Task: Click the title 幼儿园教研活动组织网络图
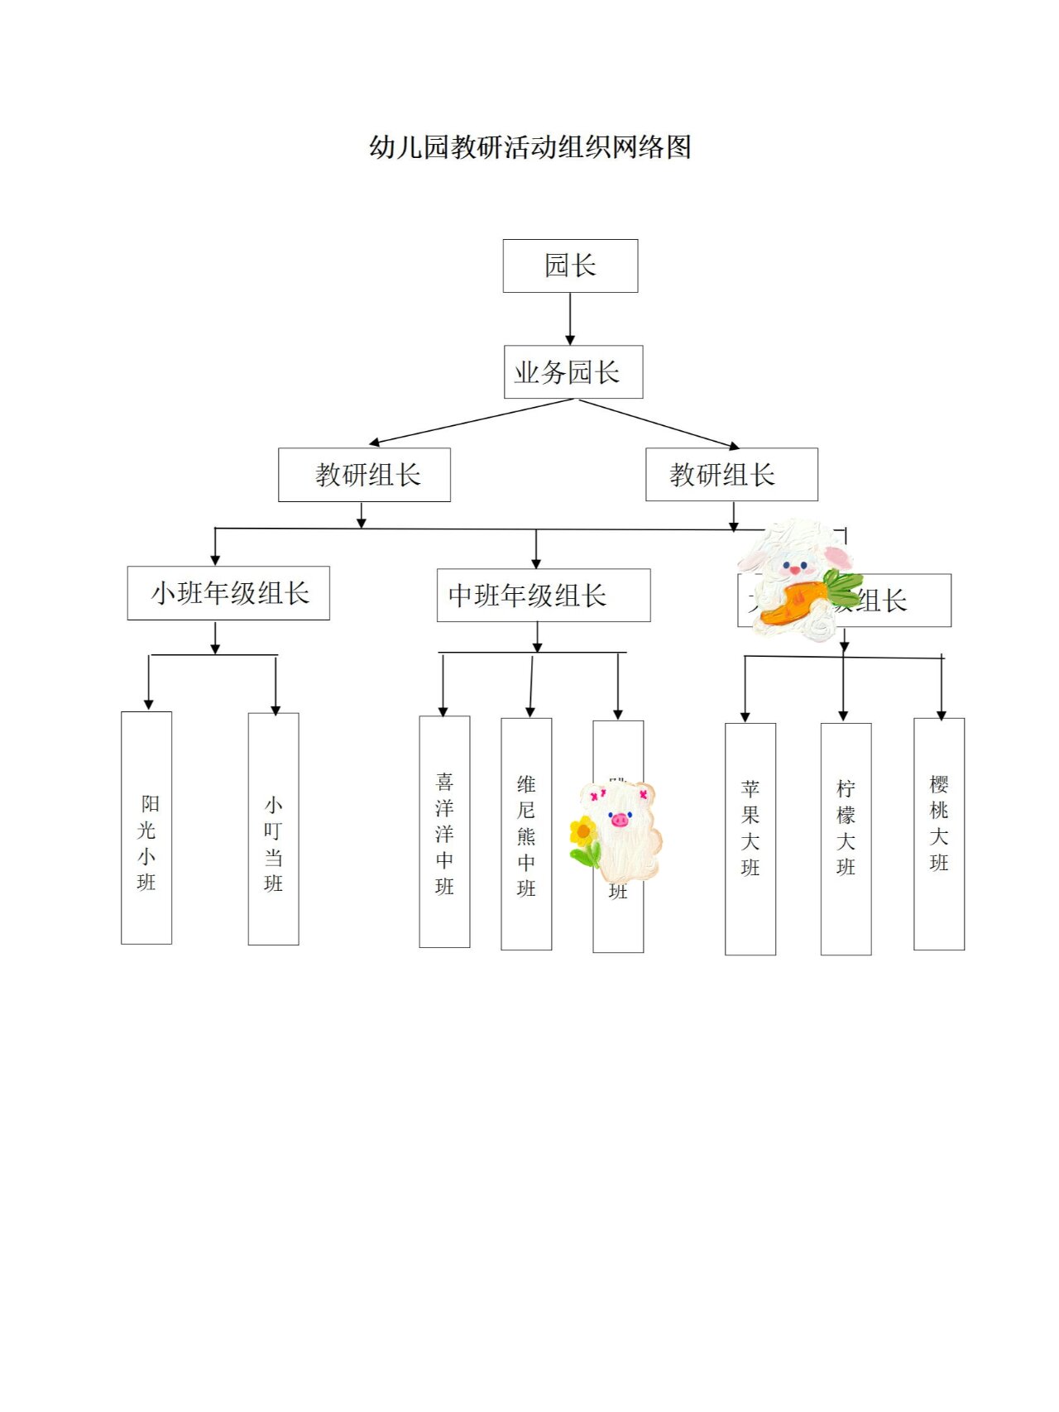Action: (x=529, y=147)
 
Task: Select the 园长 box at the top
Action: (x=570, y=266)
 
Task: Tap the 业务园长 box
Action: (x=573, y=372)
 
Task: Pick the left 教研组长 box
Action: (x=364, y=475)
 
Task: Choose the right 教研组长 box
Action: (x=731, y=475)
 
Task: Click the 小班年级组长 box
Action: (x=228, y=593)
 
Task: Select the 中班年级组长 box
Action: (x=543, y=596)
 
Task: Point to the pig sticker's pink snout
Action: (x=620, y=820)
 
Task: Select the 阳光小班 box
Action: (x=146, y=827)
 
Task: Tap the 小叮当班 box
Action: (x=273, y=829)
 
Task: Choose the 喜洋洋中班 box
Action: (x=444, y=832)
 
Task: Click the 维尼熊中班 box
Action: (x=526, y=834)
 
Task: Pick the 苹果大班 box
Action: (x=750, y=839)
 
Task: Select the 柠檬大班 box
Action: (x=846, y=839)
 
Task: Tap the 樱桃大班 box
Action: (x=938, y=834)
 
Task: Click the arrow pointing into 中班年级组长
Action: (x=536, y=550)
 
